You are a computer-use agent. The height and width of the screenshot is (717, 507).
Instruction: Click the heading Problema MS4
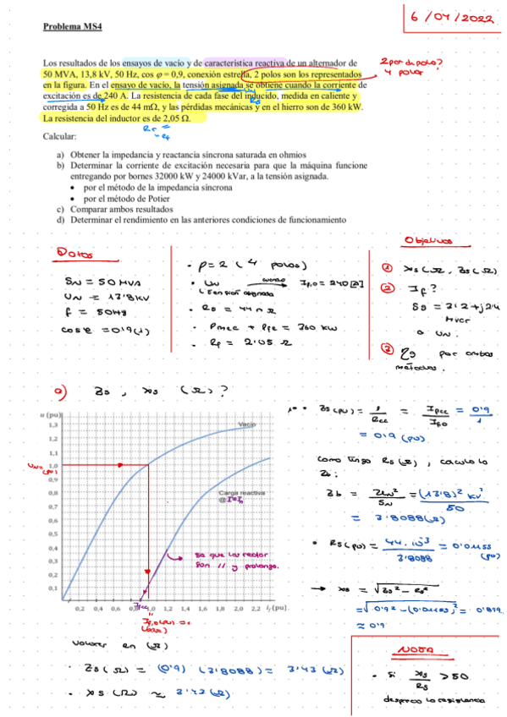click(72, 27)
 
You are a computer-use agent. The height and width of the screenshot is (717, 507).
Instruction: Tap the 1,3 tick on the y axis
click(53, 425)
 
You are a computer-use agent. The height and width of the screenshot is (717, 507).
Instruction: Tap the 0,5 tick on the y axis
click(53, 534)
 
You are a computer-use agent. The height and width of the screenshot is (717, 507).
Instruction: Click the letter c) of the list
click(60, 209)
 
